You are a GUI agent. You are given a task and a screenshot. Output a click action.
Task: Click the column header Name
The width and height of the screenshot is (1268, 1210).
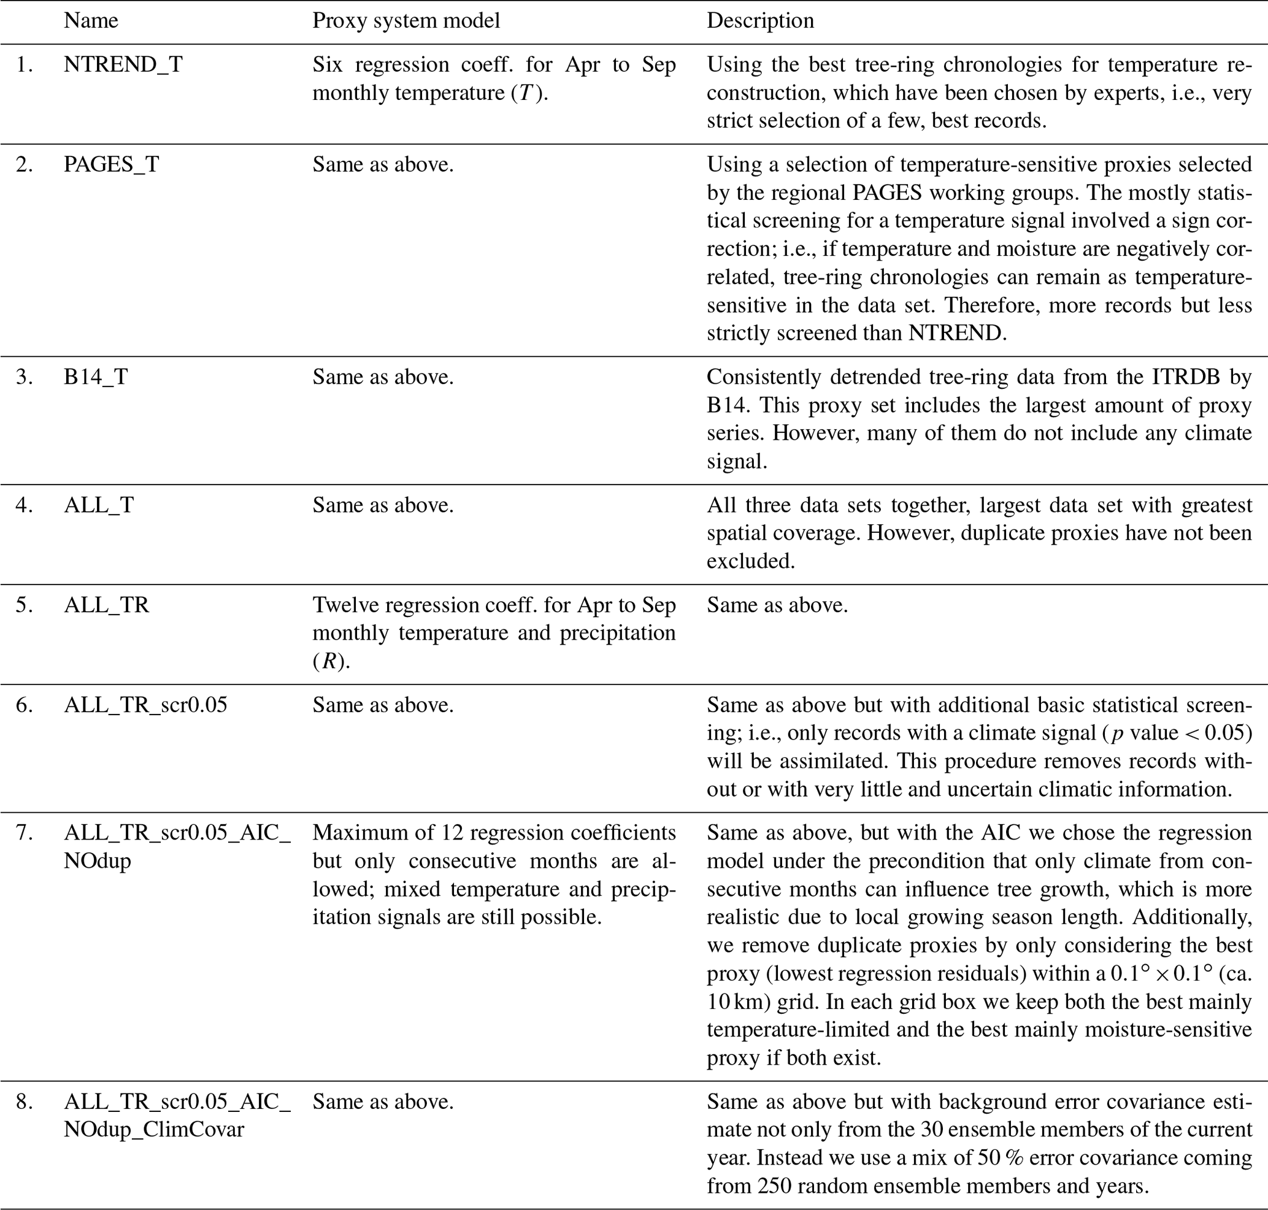(91, 21)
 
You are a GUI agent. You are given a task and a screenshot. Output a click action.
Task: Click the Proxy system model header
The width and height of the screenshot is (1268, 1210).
(406, 21)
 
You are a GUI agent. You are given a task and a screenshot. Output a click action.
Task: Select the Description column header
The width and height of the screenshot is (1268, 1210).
(759, 21)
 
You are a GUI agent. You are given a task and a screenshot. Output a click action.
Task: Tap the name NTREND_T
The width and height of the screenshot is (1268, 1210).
(123, 64)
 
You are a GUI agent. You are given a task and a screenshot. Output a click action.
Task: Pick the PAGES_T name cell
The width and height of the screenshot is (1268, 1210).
(111, 164)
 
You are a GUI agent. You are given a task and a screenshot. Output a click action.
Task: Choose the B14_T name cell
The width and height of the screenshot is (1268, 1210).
(96, 377)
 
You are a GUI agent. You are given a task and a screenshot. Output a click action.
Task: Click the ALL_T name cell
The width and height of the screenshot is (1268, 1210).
(99, 505)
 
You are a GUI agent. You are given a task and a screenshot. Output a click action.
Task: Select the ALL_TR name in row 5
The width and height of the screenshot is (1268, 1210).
(107, 605)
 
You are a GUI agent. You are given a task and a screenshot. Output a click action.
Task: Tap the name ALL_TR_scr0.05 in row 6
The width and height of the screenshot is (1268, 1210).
(145, 705)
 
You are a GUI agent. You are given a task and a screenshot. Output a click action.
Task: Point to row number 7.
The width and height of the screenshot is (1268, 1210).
(24, 833)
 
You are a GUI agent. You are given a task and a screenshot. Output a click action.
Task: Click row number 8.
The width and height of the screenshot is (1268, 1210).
(24, 1101)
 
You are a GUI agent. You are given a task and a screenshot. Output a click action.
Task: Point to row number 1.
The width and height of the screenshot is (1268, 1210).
(24, 64)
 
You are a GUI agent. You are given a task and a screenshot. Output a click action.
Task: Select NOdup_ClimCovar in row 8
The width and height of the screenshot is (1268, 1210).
(153, 1130)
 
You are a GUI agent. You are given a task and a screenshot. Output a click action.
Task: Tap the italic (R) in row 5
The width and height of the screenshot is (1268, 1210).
(329, 662)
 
